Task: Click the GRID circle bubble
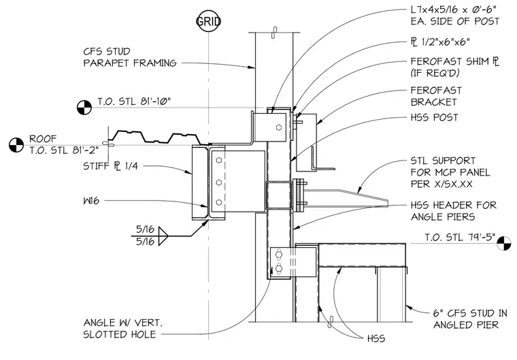(208, 22)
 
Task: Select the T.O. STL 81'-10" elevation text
(134, 101)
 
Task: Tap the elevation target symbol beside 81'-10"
(84, 108)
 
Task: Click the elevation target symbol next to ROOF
(16, 145)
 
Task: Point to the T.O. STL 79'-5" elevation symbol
(504, 243)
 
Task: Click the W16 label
(91, 201)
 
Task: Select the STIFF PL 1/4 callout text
(110, 165)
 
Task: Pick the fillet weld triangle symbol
(163, 236)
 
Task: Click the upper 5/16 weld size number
(145, 229)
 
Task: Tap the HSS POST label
(434, 118)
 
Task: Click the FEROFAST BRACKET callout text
(436, 96)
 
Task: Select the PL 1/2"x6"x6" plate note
(440, 42)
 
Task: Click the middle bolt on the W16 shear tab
(218, 182)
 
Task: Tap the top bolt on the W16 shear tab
(218, 161)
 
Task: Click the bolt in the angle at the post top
(279, 127)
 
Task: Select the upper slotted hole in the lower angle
(279, 255)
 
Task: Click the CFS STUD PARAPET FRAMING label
(129, 57)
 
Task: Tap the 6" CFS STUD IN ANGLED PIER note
(470, 318)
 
